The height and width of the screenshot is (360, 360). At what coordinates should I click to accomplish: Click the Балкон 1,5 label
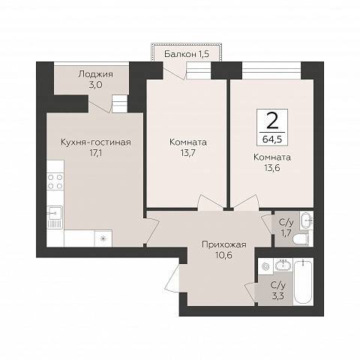[x=187, y=54]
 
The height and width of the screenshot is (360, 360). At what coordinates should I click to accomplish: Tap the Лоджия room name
[x=95, y=74]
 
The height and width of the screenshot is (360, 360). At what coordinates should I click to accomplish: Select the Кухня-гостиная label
[x=96, y=142]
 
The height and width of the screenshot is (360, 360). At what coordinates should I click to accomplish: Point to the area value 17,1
[x=96, y=153]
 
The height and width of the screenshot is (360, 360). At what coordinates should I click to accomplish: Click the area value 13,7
[x=188, y=153]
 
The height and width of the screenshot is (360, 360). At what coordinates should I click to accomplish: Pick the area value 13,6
[x=272, y=168]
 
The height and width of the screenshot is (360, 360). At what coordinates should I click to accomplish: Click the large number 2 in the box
[x=272, y=121]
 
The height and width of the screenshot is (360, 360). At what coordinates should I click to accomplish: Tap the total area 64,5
[x=272, y=139]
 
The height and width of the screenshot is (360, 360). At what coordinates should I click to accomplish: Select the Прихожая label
[x=224, y=244]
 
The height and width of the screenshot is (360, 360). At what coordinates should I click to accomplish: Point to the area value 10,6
[x=224, y=255]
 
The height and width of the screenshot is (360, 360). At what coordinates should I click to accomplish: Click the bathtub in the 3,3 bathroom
[x=303, y=282]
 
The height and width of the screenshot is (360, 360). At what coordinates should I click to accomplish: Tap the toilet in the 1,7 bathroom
[x=301, y=238]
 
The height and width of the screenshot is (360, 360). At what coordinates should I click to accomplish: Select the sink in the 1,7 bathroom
[x=307, y=220]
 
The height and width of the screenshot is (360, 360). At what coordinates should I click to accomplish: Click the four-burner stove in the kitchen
[x=55, y=181]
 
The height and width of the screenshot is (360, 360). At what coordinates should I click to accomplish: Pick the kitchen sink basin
[x=55, y=214]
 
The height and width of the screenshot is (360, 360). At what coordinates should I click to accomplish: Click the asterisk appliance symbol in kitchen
[x=103, y=238]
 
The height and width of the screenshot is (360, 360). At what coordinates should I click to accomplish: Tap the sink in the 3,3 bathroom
[x=283, y=265]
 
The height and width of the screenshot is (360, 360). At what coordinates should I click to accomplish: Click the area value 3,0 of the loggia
[x=95, y=85]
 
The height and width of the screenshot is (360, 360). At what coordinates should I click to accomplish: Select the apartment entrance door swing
[x=172, y=277]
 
